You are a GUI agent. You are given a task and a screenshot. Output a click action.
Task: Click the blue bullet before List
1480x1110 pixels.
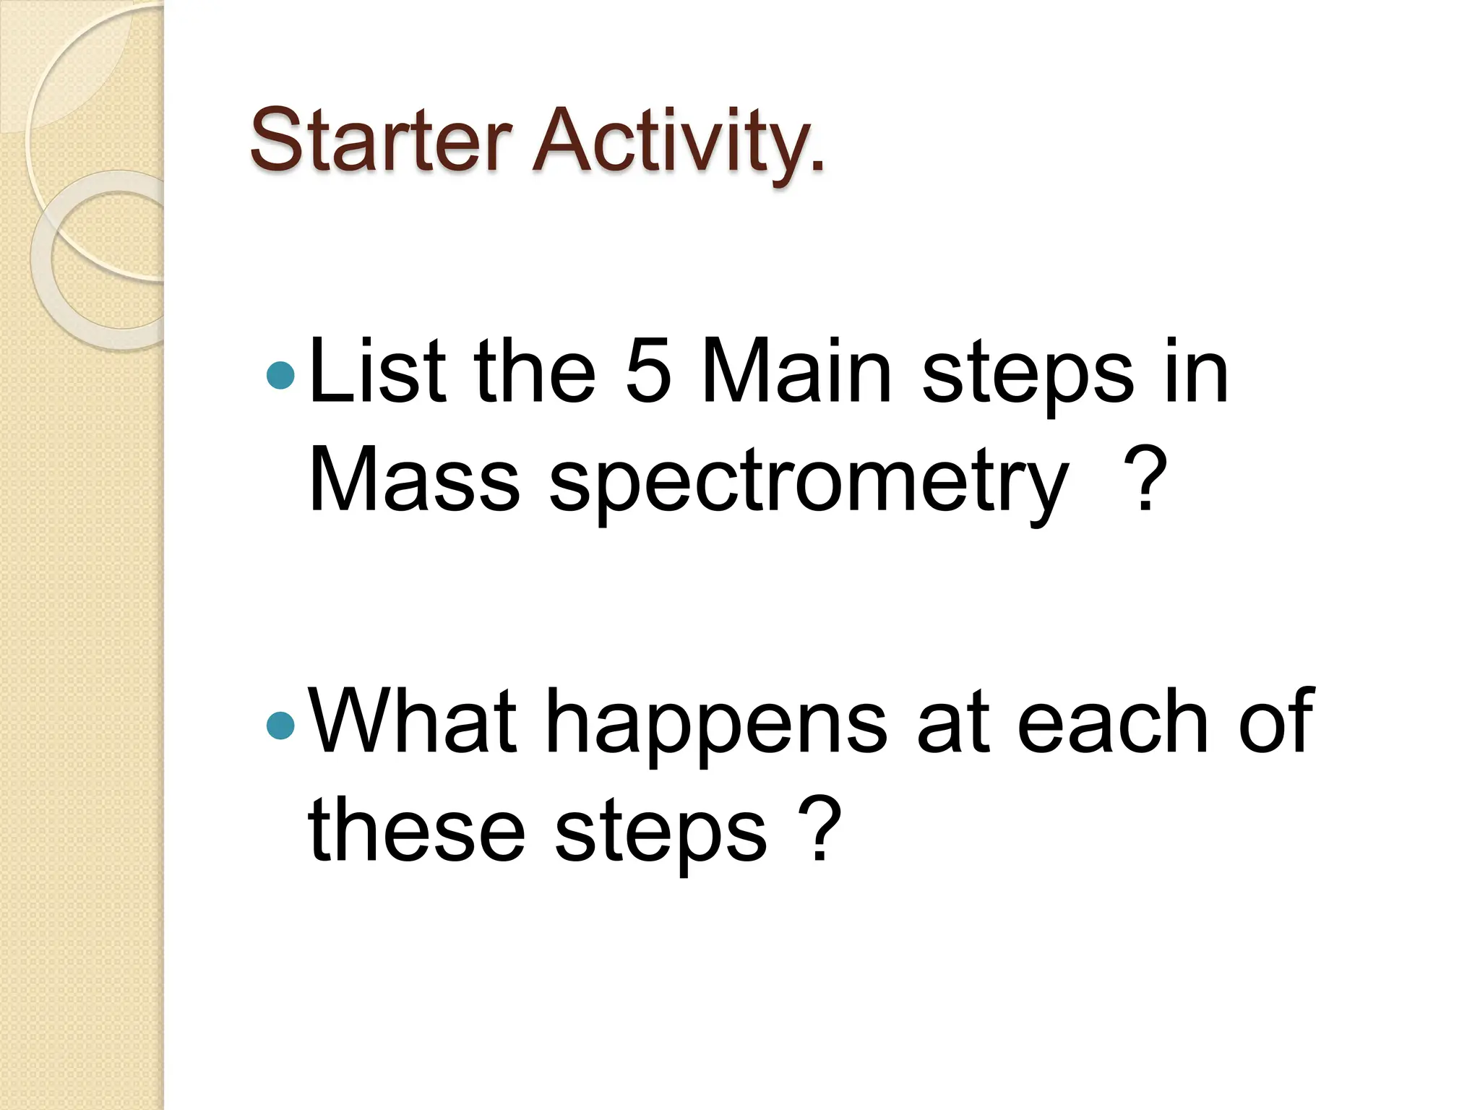pyautogui.click(x=280, y=375)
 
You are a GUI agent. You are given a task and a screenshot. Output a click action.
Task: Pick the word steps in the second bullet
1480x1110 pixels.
pyautogui.click(x=660, y=835)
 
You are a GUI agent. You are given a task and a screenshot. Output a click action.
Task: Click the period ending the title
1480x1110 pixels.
pyautogui.click(x=817, y=168)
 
